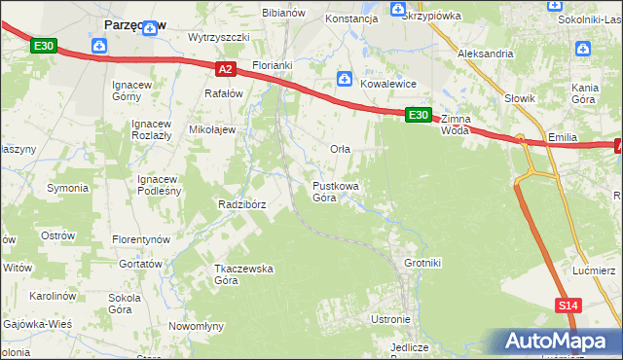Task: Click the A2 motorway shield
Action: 225,69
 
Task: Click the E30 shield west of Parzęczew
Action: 44,46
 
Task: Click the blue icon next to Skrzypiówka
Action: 397,10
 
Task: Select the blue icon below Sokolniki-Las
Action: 583,48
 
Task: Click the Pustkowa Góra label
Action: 337,191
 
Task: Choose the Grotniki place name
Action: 422,263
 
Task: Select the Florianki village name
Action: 272,65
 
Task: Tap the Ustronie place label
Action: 390,319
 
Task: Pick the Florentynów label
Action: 140,239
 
